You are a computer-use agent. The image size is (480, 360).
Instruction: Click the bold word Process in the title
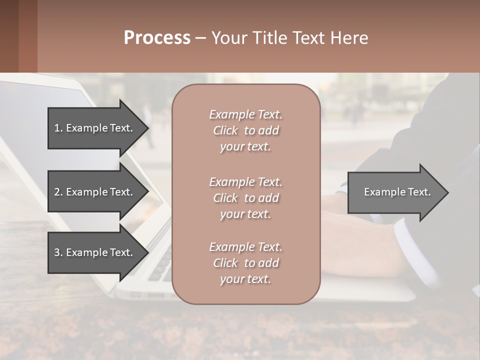click(x=157, y=38)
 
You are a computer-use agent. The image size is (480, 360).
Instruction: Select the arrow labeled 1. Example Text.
click(x=95, y=128)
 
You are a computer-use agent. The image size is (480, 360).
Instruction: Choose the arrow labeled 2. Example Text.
click(x=95, y=192)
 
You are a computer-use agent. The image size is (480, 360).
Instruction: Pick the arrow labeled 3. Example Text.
click(x=95, y=252)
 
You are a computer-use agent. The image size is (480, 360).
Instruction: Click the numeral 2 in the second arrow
click(x=56, y=192)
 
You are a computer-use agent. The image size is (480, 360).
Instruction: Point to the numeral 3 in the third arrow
click(x=56, y=252)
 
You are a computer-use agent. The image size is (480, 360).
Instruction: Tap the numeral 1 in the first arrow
click(x=56, y=128)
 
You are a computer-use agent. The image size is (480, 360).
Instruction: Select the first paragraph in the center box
click(x=245, y=130)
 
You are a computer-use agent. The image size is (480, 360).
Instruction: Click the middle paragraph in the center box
click(x=245, y=198)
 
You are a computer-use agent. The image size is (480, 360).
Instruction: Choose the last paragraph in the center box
click(x=245, y=263)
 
